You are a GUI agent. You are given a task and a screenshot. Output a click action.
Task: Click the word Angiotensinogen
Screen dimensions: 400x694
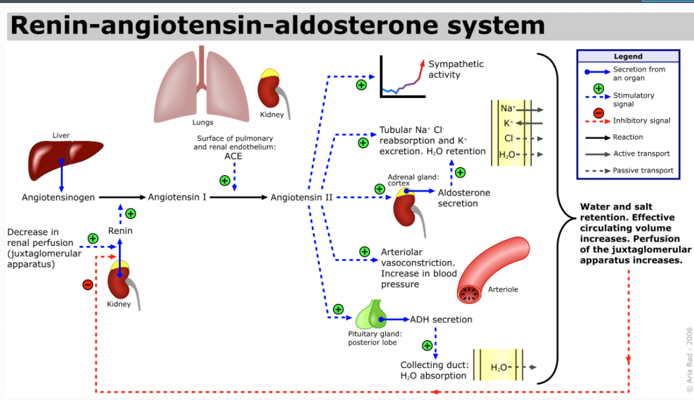[59, 198]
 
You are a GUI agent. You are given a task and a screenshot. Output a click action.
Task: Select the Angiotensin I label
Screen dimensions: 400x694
[178, 198]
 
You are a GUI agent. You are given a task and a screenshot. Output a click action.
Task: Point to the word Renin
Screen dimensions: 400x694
[120, 231]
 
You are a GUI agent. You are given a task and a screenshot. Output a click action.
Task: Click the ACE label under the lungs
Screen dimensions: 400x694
[233, 156]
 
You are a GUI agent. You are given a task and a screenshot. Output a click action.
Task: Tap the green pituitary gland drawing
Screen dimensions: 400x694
[371, 315]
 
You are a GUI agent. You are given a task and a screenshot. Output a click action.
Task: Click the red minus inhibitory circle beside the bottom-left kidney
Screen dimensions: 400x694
[88, 284]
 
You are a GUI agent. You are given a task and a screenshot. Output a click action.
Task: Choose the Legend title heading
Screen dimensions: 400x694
[628, 56]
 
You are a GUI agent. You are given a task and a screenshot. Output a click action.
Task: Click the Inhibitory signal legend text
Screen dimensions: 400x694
[641, 121]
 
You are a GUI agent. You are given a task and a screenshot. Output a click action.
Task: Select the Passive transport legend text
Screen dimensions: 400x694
[643, 170]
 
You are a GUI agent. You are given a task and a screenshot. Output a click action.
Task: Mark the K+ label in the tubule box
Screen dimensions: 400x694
[508, 123]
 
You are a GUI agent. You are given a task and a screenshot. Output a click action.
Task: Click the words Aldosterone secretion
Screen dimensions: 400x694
[463, 198]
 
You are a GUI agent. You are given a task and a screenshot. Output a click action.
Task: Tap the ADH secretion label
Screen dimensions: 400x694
[441, 320]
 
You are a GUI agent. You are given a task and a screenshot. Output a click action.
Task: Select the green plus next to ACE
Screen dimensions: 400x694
[224, 180]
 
